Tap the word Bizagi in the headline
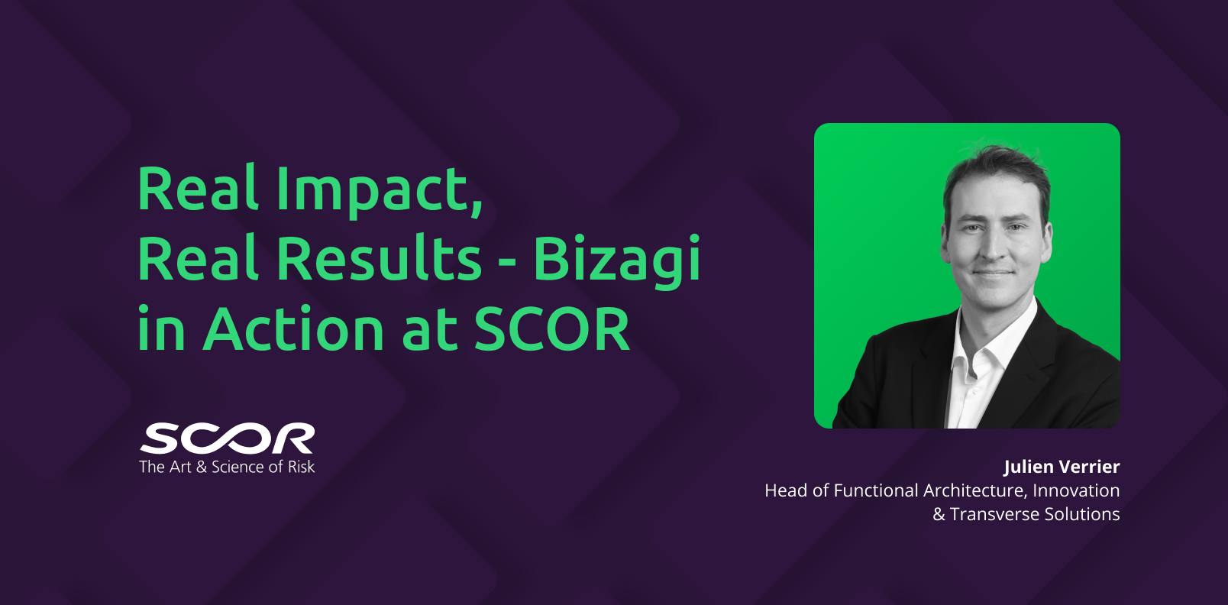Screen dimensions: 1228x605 click(x=617, y=260)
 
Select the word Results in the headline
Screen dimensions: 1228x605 click(x=379, y=257)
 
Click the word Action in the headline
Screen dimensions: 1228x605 click(x=293, y=328)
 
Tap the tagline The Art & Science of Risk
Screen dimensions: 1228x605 click(x=227, y=467)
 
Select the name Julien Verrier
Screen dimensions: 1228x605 click(x=1062, y=467)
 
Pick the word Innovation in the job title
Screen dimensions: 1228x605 click(x=1076, y=490)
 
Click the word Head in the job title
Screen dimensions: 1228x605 click(x=786, y=490)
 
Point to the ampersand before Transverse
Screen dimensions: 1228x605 click(x=939, y=515)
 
